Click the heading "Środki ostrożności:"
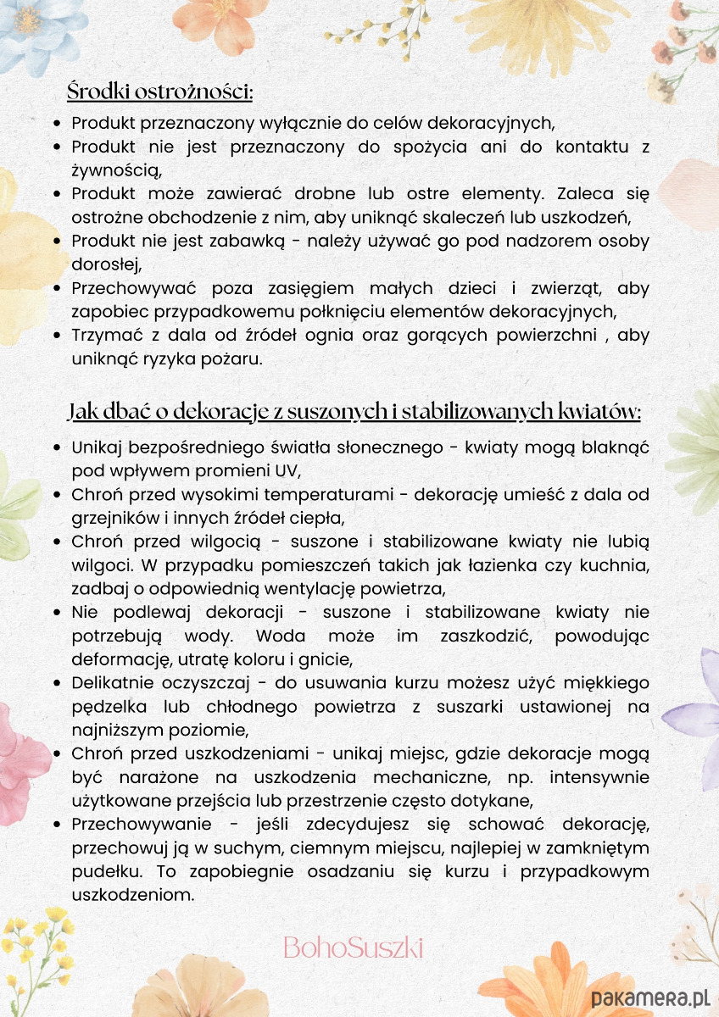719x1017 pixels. (x=160, y=91)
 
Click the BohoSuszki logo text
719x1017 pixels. (x=353, y=947)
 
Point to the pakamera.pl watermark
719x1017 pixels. (x=650, y=998)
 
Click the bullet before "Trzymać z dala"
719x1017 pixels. (x=56, y=336)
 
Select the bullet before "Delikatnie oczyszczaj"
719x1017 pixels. (x=56, y=683)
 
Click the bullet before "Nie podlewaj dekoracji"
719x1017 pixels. (x=56, y=612)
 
